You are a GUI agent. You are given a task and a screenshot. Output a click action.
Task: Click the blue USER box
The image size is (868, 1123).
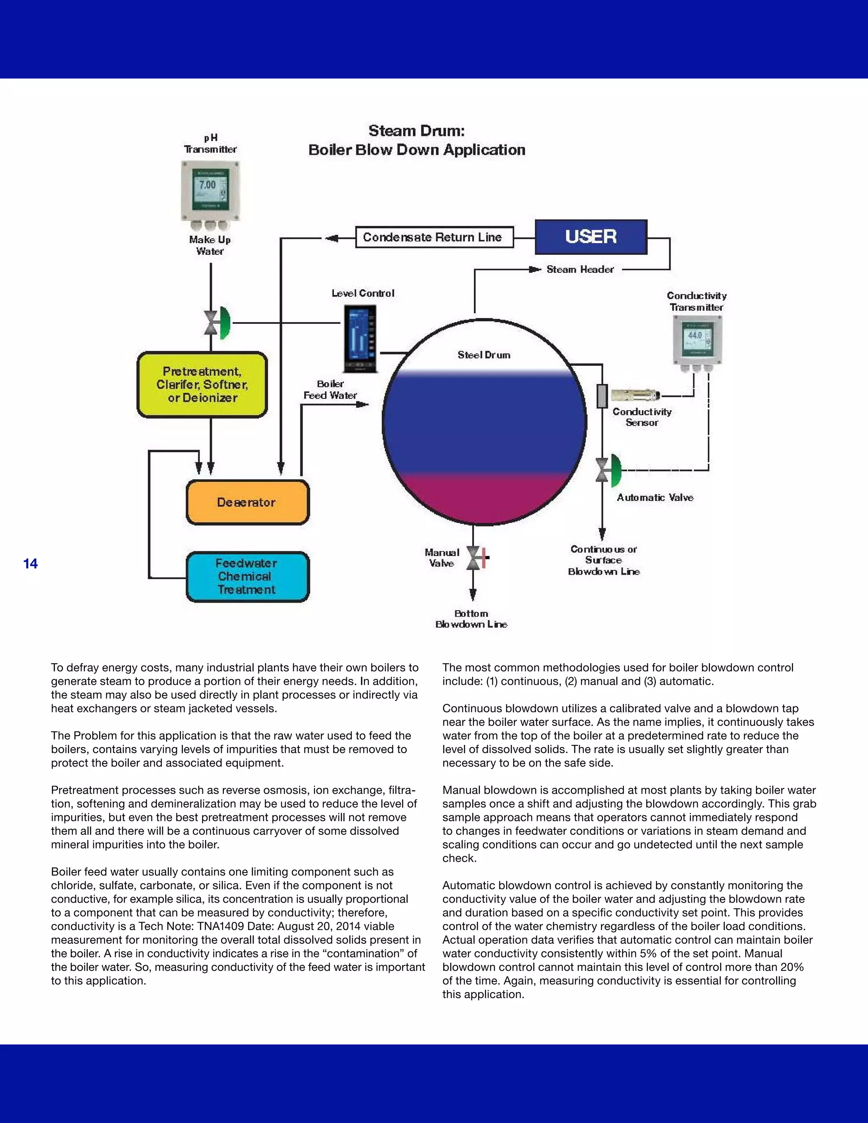pos(591,236)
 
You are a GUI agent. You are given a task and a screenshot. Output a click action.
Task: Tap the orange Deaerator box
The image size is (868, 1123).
pos(248,502)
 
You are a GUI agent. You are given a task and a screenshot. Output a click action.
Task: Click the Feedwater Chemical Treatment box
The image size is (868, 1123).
pos(248,576)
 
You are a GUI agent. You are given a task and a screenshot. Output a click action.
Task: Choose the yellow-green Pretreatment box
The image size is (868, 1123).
pos(203,385)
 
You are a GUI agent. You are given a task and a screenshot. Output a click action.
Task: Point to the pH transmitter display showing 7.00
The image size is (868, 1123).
pos(208,186)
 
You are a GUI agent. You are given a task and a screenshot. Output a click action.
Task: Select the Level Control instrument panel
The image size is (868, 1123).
pos(360,338)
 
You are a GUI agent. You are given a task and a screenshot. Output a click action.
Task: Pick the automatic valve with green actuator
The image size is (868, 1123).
pos(608,470)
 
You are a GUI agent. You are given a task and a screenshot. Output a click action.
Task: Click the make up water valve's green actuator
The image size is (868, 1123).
pos(225,323)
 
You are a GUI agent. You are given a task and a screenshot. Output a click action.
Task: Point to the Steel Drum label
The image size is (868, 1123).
pos(484,355)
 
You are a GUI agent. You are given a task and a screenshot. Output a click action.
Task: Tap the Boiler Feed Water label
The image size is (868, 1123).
pos(330,390)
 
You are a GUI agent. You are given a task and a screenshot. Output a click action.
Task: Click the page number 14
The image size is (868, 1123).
pos(31,564)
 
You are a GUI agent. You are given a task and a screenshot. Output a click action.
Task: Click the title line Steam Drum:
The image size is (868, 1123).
pos(417,131)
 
